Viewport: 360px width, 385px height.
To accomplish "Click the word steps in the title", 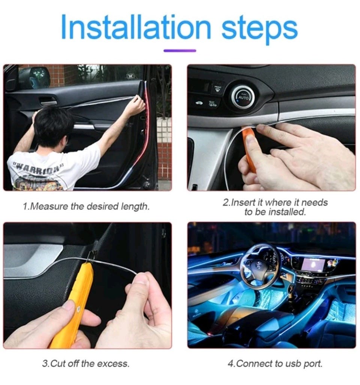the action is click(x=259, y=30).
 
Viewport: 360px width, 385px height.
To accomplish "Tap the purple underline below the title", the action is click(x=180, y=51).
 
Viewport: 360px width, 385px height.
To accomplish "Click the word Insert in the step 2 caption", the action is click(x=243, y=202).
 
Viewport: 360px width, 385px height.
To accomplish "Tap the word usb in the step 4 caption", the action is click(x=292, y=364).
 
